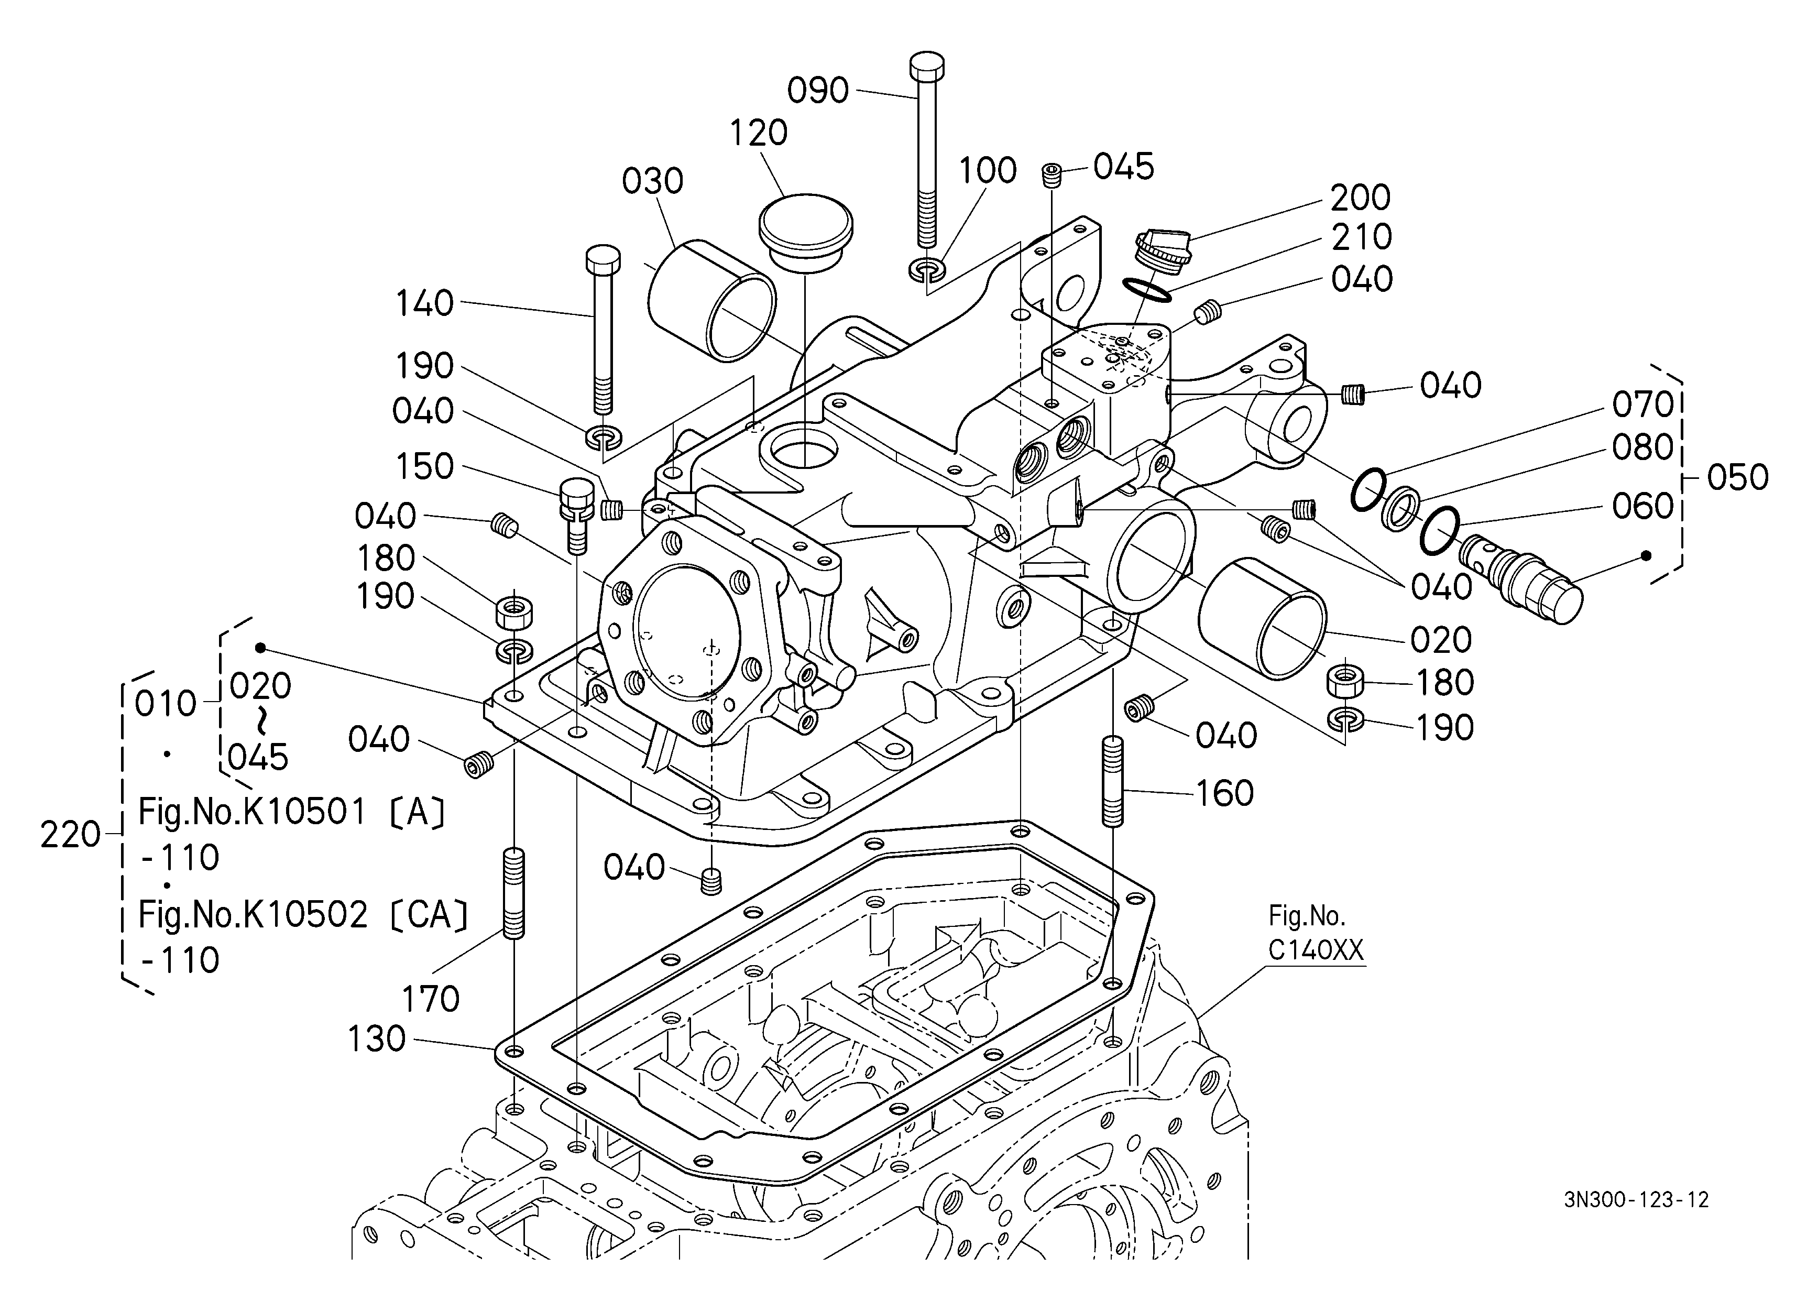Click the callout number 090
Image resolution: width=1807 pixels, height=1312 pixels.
click(x=818, y=91)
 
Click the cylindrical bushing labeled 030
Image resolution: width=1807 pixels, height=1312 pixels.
click(x=711, y=300)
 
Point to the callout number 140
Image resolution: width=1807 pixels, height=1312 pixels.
click(x=425, y=303)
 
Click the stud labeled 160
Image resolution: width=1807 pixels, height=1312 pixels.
click(x=1112, y=781)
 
